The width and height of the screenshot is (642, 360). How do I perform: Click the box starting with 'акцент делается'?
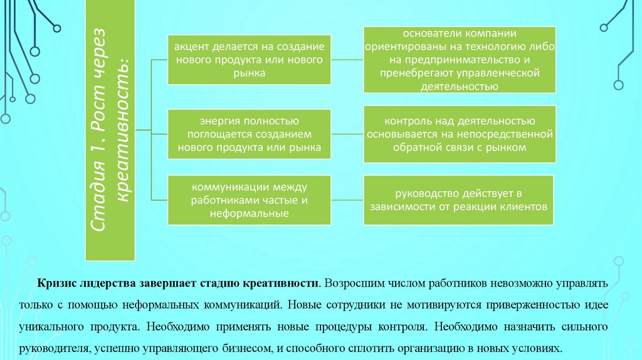pos(249,60)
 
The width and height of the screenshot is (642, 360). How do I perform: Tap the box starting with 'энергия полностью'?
pos(249,133)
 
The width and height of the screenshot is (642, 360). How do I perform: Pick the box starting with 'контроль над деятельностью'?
pos(460,133)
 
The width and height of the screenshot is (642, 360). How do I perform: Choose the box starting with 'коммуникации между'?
pos(249,200)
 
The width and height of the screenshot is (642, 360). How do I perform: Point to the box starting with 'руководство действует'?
pos(460,200)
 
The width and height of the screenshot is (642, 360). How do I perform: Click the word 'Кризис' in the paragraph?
pos(56,284)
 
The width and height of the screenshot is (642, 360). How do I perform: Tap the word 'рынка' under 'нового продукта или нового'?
pos(249,73)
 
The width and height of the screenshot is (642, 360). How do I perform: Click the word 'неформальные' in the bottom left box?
pos(249,214)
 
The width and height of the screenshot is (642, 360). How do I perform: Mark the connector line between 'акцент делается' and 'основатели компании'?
pos(348,60)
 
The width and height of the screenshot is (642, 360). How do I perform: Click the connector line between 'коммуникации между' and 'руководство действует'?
pos(348,200)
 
